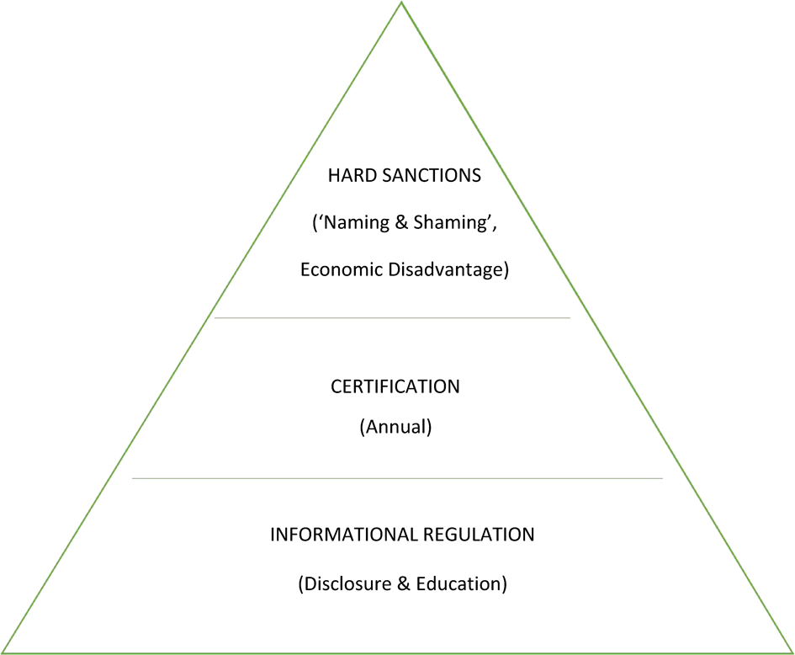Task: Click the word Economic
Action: point(340,271)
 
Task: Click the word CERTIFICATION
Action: point(395,386)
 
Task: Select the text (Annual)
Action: point(395,427)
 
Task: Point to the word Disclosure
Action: point(345,583)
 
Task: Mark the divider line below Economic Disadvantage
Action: point(392,318)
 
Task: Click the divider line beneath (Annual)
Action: point(397,478)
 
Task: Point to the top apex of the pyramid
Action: point(401,3)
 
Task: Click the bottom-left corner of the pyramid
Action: point(3,652)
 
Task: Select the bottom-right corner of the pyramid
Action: point(792,652)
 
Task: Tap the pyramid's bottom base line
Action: point(397,652)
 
